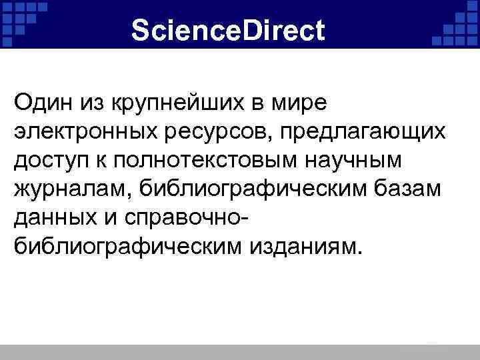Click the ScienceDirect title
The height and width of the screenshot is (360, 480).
[228, 31]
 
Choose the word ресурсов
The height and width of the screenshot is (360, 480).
[223, 133]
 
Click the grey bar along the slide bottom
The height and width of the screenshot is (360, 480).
[240, 352]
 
